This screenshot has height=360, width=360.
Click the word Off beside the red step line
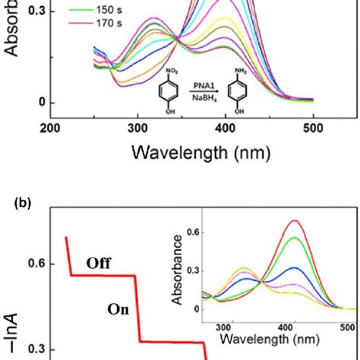click(x=99, y=264)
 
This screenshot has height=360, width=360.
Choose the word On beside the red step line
click(x=117, y=310)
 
